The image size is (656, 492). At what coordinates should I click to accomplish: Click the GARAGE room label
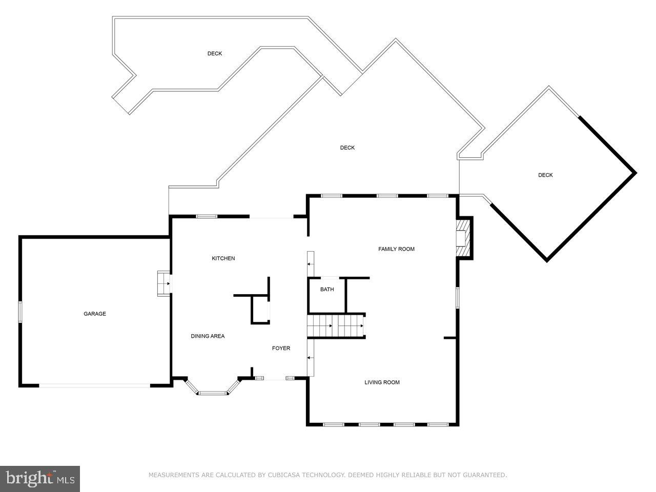pos(95,314)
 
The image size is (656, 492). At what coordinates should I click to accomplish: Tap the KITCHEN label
pos(223,258)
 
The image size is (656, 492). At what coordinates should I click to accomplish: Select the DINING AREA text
pos(208,336)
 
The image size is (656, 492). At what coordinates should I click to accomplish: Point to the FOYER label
pos(281,348)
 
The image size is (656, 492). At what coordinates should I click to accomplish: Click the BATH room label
pos(327,290)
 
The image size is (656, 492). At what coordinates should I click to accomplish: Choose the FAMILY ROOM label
pos(396,249)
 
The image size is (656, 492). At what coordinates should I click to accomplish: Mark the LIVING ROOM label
pos(382,382)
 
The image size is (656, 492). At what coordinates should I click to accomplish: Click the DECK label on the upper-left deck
pos(215,54)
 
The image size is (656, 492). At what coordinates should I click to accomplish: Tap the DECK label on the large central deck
pos(347,148)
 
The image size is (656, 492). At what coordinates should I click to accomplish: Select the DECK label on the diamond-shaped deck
pos(545,175)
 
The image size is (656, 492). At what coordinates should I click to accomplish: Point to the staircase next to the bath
pos(336,326)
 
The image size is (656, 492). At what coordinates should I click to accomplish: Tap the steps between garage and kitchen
pos(164,283)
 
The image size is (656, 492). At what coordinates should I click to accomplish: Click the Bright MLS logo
pos(39,479)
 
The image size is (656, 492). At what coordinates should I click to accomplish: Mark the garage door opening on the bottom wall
pos(94,385)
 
